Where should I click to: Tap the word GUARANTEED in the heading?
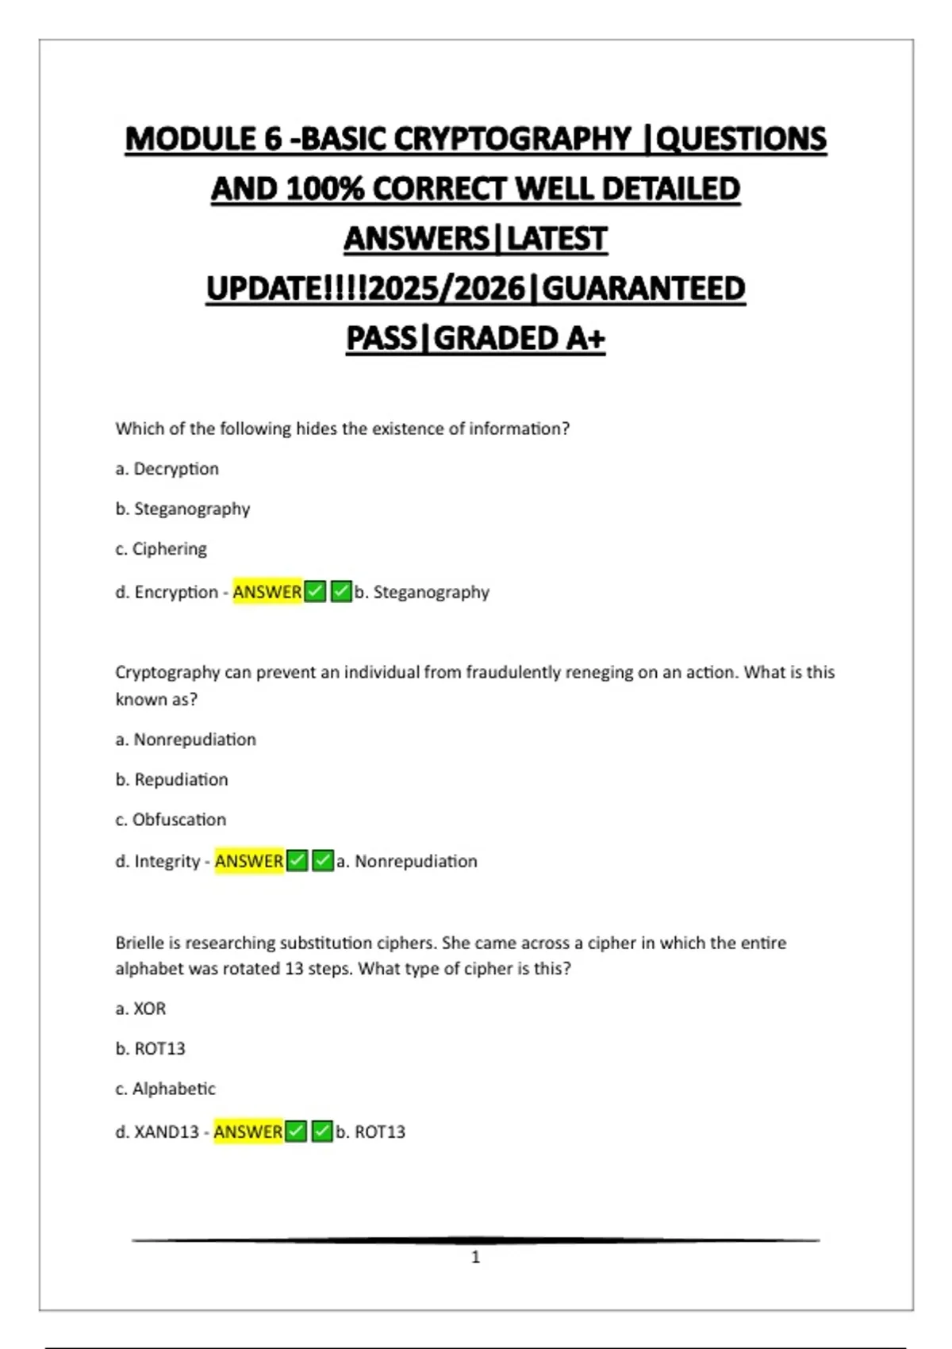click(x=643, y=289)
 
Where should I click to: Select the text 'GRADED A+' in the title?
click(x=520, y=339)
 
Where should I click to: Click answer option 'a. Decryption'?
click(x=167, y=469)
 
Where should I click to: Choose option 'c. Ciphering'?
click(x=161, y=549)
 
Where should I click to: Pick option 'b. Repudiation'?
click(x=171, y=780)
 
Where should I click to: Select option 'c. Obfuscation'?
click(x=171, y=820)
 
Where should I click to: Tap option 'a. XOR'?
click(x=140, y=1009)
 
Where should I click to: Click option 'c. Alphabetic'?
click(x=165, y=1089)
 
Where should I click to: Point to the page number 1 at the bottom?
click(x=475, y=1257)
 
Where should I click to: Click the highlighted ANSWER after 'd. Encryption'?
click(x=267, y=592)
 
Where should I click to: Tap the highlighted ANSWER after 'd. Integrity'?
click(x=249, y=861)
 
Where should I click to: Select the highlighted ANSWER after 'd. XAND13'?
click(x=248, y=1132)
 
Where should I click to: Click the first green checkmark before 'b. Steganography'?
click(x=315, y=592)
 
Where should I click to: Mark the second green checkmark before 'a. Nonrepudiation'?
click(x=322, y=861)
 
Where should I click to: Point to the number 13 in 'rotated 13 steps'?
click(x=294, y=969)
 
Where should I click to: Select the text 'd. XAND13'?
click(x=157, y=1132)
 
